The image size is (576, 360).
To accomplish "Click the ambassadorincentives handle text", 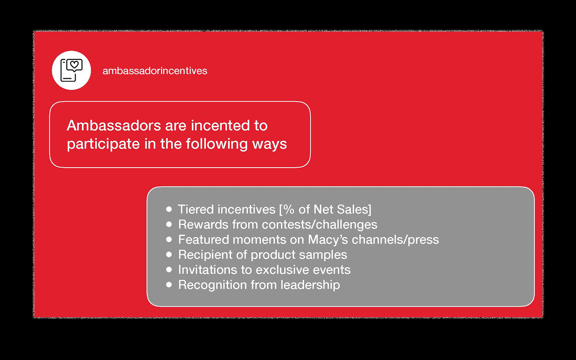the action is (x=155, y=71).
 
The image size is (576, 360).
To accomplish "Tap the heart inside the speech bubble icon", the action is (x=74, y=64).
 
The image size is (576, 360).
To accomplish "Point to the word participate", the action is (x=103, y=144).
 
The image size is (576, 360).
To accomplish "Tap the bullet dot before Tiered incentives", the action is (x=169, y=209).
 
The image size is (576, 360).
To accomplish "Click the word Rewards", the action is (x=203, y=224).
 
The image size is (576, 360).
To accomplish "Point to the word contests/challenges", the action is (x=319, y=225).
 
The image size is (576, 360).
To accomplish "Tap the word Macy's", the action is (x=328, y=240).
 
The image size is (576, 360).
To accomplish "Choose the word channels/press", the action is (x=395, y=240).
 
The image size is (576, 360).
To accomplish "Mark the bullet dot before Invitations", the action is (x=169, y=270).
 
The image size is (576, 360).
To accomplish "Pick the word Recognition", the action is (x=212, y=285).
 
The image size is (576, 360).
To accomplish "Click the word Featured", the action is (x=203, y=240).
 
